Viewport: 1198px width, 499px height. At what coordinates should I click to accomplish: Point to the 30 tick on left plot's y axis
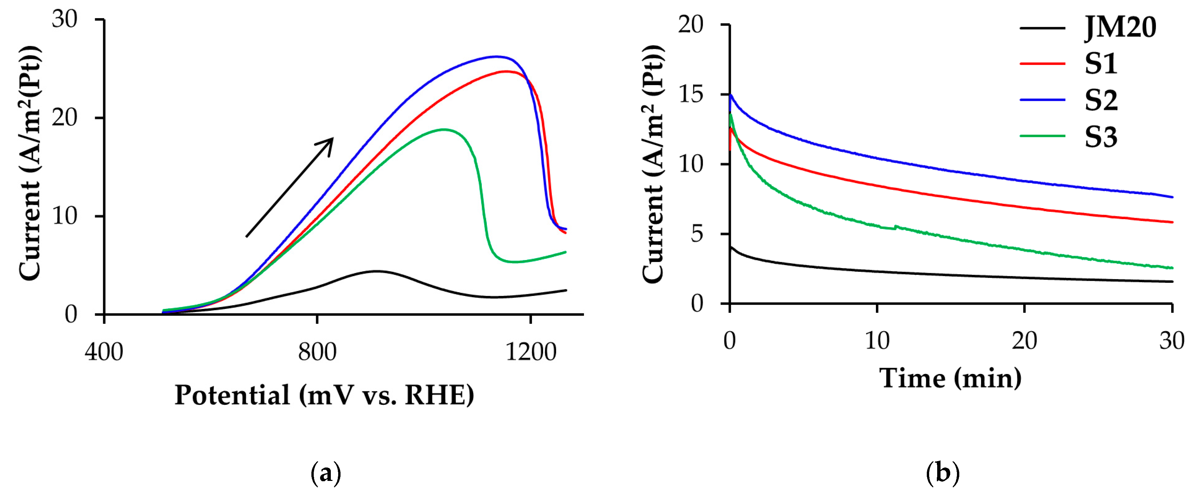point(64,19)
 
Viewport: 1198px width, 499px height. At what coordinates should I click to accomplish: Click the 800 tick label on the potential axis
point(317,352)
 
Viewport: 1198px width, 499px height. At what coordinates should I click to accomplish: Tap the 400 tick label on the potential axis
point(104,352)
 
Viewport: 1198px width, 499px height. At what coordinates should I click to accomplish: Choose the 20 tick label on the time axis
point(1024,341)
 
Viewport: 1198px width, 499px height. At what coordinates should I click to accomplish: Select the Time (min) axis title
point(950,378)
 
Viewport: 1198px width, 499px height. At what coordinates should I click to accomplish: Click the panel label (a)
point(325,474)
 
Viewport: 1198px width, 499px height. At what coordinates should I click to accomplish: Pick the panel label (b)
point(943,474)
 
